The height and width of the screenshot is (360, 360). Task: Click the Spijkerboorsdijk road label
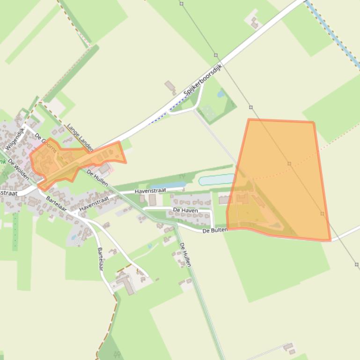[202, 80]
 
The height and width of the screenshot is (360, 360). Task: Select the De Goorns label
[45, 143]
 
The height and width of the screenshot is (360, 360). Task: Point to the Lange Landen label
[80, 137]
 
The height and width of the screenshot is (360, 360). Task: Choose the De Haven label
[185, 210]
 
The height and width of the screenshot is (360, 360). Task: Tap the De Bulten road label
[215, 230]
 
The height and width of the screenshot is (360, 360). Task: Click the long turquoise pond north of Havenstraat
[216, 180]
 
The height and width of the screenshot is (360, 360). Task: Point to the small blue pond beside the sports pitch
[221, 94]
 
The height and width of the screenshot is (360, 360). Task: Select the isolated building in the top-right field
[254, 22]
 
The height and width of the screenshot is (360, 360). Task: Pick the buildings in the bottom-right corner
[289, 348]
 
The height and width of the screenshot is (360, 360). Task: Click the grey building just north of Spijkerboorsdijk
[170, 86]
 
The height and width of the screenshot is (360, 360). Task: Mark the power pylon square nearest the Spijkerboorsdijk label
[216, 55]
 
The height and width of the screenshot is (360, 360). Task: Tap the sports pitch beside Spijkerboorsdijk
[207, 112]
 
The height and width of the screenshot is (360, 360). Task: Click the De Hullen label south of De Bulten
[185, 255]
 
